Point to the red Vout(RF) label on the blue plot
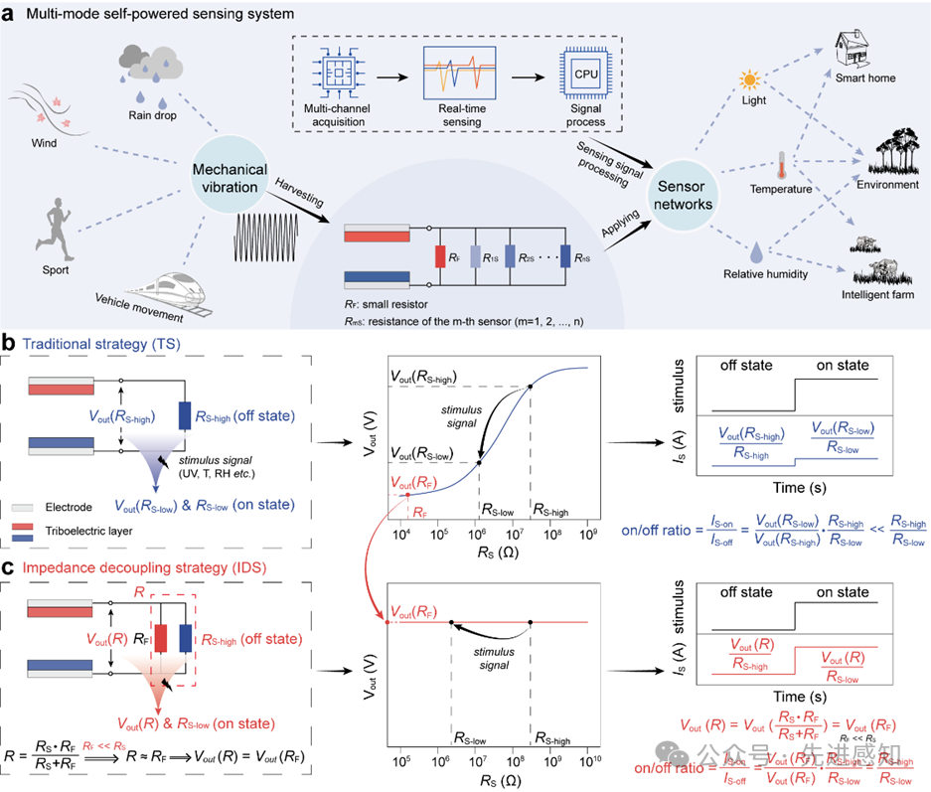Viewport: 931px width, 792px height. point(416,482)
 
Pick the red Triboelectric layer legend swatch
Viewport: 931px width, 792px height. point(42,526)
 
